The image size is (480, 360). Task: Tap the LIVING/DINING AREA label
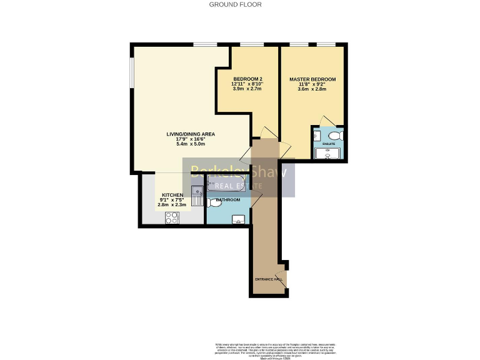191,134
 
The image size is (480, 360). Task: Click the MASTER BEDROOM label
312,79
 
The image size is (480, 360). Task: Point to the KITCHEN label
172,195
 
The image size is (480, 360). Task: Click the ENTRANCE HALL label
269,279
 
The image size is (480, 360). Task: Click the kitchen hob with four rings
172,217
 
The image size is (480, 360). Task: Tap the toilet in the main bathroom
214,202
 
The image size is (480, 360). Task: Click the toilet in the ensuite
336,135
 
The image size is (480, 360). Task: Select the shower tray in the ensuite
327,154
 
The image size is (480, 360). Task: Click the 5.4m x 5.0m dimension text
191,144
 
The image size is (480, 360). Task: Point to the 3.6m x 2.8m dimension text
312,89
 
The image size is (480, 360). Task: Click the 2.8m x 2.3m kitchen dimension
172,205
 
